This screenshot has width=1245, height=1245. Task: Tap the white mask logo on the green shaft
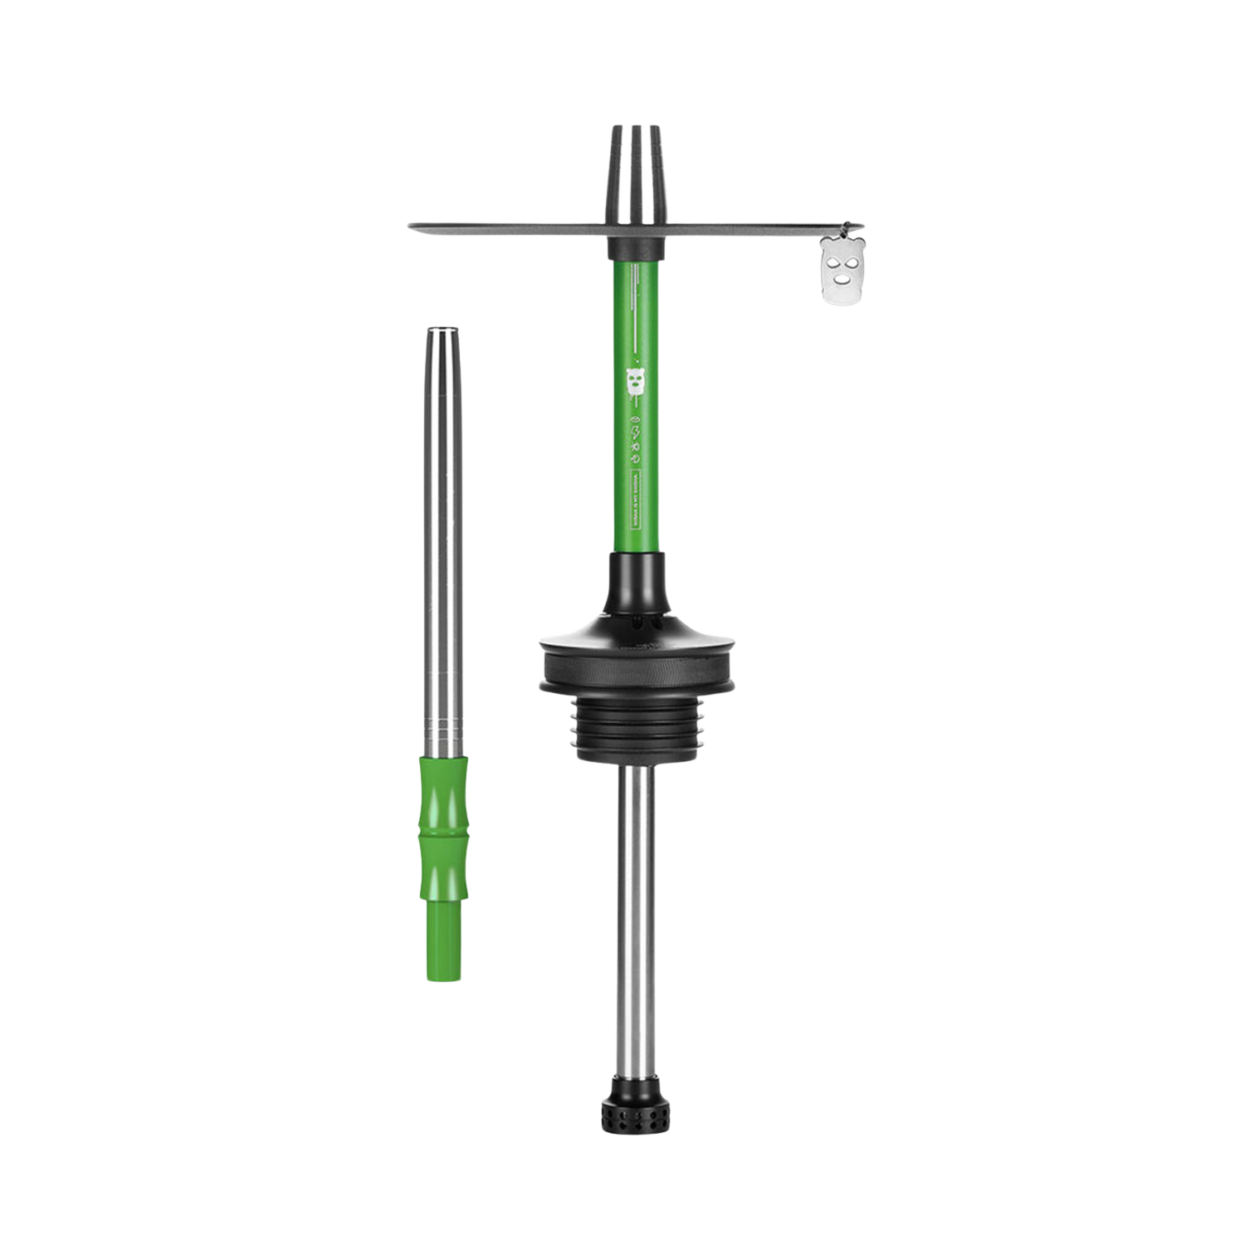pos(635,381)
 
